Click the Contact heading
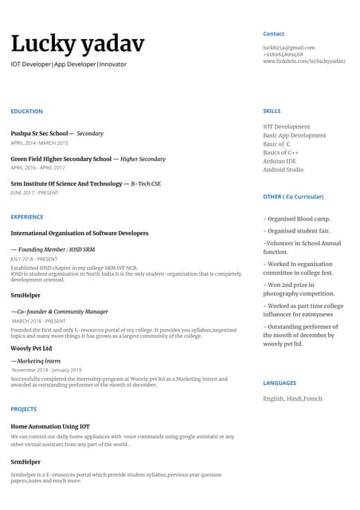click(x=273, y=34)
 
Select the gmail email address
click(x=288, y=48)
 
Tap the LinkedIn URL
click(x=303, y=61)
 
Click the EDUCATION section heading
click(x=26, y=112)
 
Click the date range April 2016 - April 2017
click(x=37, y=168)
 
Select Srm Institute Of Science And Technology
click(x=66, y=184)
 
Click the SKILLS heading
click(x=272, y=112)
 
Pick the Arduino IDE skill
click(x=280, y=162)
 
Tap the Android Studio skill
click(x=283, y=170)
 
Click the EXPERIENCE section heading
click(x=27, y=217)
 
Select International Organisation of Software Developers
click(x=79, y=233)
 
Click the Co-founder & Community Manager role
click(x=60, y=312)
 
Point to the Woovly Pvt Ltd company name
click(x=31, y=348)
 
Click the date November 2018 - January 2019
click(x=46, y=371)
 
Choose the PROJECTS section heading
click(x=24, y=410)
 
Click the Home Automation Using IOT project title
click(x=50, y=426)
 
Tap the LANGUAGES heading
click(x=279, y=383)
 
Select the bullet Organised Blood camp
click(x=297, y=219)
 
